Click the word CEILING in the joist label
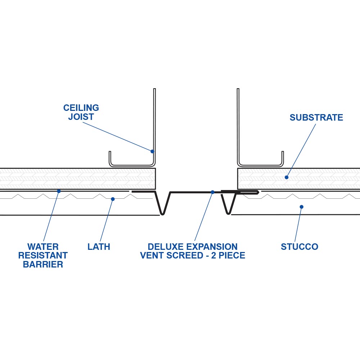81,108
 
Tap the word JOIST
81,117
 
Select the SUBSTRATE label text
316,118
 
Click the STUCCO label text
300,247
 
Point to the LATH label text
99,247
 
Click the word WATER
43,247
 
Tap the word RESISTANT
43,256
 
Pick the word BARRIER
43,265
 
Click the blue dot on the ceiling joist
152,151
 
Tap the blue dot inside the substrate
287,177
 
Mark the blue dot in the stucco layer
301,207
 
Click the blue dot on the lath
113,199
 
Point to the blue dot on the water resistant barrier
59,191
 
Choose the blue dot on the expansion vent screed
212,192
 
